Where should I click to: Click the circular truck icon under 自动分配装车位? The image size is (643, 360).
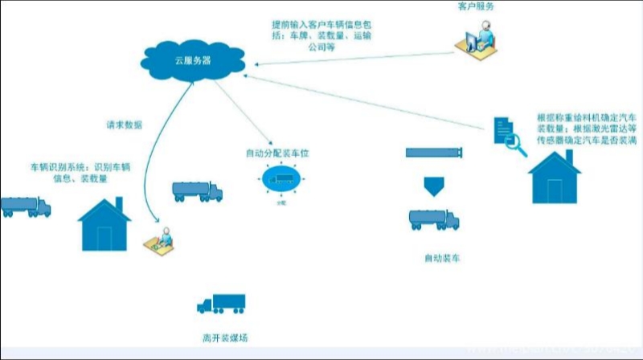coord(281,182)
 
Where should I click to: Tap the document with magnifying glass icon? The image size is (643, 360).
coord(509,134)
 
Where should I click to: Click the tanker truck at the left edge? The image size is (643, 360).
coord(25,207)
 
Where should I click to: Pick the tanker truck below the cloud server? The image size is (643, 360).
coord(197,191)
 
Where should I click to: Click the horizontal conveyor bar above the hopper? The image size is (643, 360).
coord(435,153)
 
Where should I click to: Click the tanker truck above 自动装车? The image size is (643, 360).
coord(434,219)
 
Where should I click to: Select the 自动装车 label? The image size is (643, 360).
coord(442,258)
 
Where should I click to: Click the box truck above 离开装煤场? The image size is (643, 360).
coord(220,304)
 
